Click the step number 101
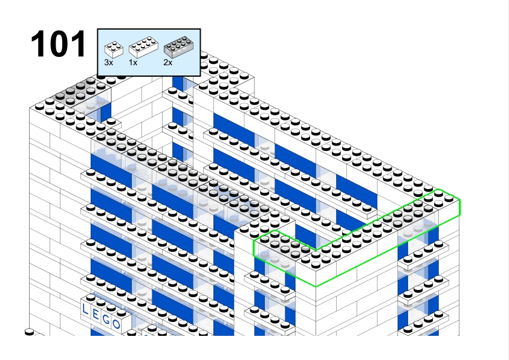[59, 43]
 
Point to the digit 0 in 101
[59, 43]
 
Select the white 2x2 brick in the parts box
[114, 50]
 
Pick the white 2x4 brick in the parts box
[143, 47]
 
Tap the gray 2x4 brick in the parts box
[178, 47]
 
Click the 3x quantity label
[109, 63]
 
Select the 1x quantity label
[133, 63]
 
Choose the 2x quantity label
[168, 63]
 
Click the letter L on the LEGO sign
[85, 309]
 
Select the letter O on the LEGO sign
[117, 324]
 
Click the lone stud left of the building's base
[29, 332]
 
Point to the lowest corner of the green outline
[316, 286]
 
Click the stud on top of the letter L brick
[90, 298]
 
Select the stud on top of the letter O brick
[122, 313]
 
